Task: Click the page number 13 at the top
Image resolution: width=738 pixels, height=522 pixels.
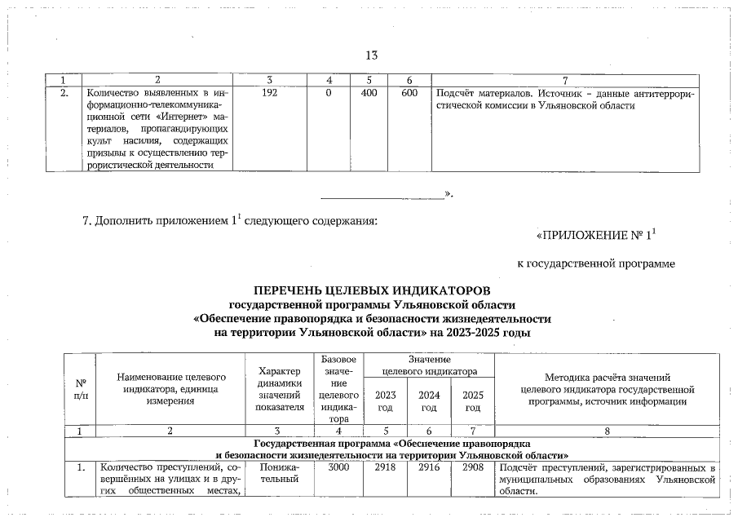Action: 371,55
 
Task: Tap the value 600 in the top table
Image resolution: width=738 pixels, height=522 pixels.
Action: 410,94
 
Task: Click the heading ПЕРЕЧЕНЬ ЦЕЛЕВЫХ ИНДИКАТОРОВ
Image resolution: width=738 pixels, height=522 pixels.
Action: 372,290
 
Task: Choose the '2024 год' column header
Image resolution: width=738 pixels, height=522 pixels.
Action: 429,401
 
